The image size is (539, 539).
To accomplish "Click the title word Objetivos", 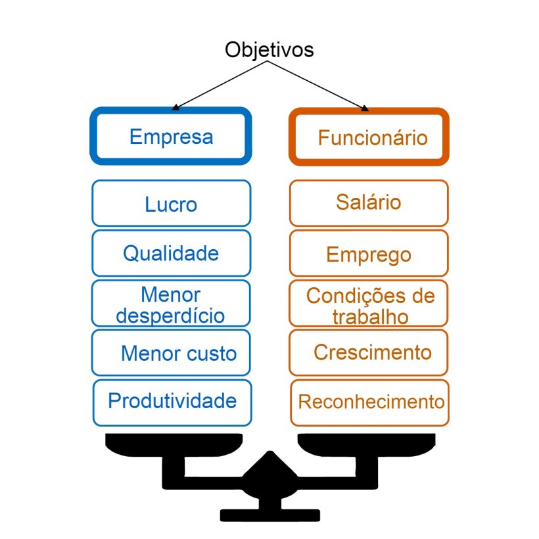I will (x=269, y=50).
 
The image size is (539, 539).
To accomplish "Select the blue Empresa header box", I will (x=171, y=137).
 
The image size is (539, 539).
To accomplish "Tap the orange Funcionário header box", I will (x=369, y=137).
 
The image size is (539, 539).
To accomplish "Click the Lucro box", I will (x=171, y=204).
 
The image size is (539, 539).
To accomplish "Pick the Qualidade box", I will (x=171, y=253).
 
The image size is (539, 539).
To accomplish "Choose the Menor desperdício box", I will (x=171, y=304).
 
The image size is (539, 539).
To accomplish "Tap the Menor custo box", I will (x=171, y=353).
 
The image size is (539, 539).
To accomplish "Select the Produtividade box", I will (x=171, y=401).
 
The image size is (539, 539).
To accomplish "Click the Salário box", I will (x=369, y=202).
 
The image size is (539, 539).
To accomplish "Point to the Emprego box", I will (x=369, y=254).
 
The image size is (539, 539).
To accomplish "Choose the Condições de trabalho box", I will (x=369, y=304).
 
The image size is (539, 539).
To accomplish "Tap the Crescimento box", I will (x=369, y=352).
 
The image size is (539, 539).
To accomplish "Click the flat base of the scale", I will (x=269, y=515).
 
